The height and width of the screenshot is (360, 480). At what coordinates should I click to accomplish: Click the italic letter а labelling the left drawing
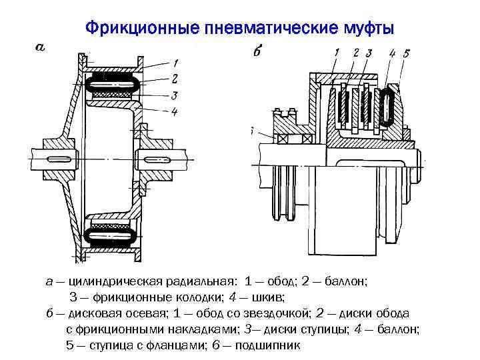tap(40, 47)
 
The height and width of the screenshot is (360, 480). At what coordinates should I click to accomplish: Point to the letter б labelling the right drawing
tap(257, 53)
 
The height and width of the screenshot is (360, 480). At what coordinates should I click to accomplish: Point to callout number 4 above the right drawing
tap(392, 52)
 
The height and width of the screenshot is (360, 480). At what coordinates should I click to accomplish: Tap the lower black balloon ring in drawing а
tap(111, 235)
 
